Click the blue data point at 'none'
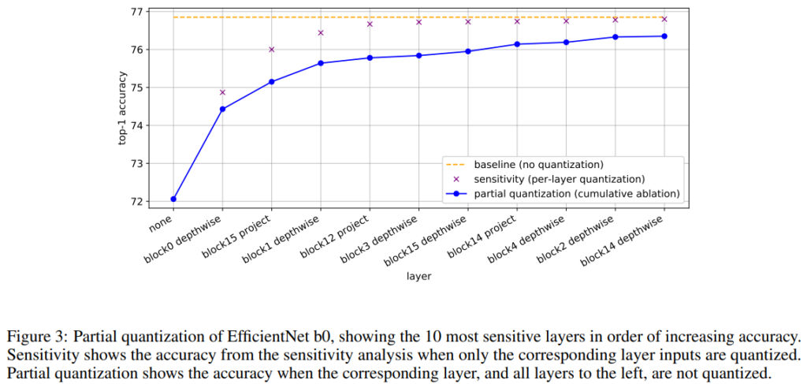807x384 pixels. [x=173, y=199]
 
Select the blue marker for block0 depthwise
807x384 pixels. [x=222, y=109]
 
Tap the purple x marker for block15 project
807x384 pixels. [x=271, y=50]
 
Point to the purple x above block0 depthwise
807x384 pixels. [x=222, y=92]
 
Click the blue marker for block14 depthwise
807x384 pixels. [x=664, y=36]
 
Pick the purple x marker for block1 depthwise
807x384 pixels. [x=321, y=33]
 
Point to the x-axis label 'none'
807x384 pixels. [x=162, y=222]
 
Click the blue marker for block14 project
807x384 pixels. [x=517, y=44]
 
